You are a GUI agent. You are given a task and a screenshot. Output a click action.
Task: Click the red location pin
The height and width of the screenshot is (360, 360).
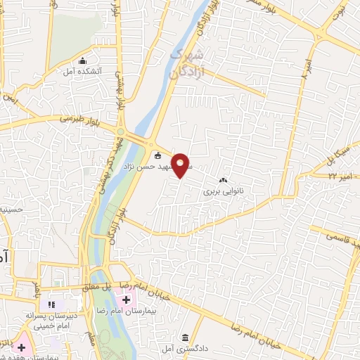[182, 164]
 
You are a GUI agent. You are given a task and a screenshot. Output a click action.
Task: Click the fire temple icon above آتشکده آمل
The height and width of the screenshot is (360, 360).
[84, 60]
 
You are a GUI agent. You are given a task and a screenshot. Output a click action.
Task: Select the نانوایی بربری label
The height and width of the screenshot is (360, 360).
[223, 190]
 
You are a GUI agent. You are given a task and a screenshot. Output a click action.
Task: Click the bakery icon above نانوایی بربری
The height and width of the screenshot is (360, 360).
[223, 180]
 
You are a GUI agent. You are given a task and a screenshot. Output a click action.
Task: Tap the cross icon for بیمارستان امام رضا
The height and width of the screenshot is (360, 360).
[126, 299]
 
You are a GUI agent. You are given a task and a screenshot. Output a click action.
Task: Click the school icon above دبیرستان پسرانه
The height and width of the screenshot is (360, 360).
[51, 304]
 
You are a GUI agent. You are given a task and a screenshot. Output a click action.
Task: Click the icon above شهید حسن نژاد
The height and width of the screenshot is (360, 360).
[157, 156]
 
